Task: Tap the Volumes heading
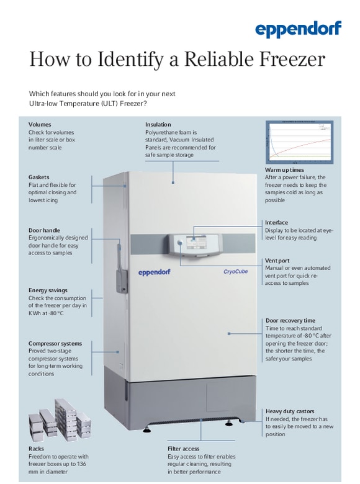click(40, 124)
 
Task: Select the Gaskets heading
click(38, 177)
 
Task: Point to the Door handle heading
click(44, 230)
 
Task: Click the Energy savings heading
click(48, 290)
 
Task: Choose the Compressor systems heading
click(55, 343)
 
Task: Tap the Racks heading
click(36, 449)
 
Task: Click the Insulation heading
click(158, 124)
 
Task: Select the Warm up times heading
click(284, 169)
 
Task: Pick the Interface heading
click(276, 222)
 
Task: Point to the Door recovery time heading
click(290, 320)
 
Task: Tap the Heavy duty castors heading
click(290, 411)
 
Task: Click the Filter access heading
click(183, 448)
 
